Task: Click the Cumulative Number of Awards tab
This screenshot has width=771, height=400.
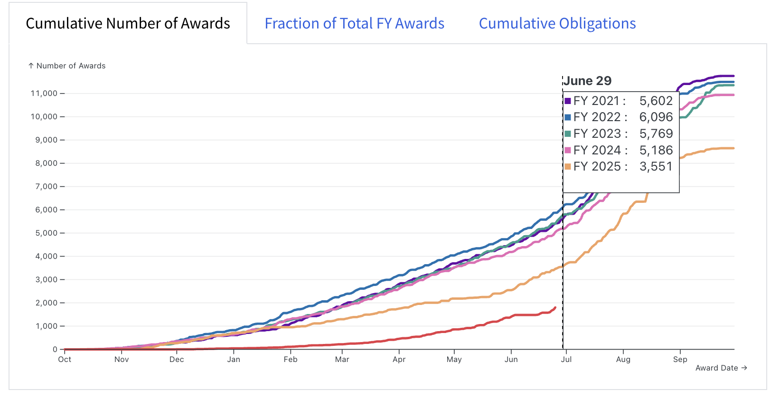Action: tap(128, 23)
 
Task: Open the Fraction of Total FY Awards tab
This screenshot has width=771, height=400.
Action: tap(355, 23)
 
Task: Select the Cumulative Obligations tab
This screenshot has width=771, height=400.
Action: tap(557, 23)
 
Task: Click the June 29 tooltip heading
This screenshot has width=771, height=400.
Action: tap(588, 81)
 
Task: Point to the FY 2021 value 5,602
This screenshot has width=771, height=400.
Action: tap(656, 101)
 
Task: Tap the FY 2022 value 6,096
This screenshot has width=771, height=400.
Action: tap(656, 117)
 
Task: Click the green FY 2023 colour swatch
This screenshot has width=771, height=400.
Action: tap(568, 133)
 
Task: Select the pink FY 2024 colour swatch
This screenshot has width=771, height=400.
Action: tap(568, 150)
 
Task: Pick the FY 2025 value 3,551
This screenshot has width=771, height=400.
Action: tap(656, 166)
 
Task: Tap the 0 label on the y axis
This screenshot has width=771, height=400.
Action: tap(55, 349)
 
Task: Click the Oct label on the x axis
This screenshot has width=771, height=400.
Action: tap(65, 359)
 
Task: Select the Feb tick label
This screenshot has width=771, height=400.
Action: tap(290, 359)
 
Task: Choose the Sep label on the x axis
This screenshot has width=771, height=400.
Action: tap(680, 359)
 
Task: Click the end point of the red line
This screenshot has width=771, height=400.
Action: tap(555, 307)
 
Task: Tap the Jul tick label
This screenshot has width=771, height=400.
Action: tap(566, 359)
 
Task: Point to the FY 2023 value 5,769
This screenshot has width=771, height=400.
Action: tap(656, 133)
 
